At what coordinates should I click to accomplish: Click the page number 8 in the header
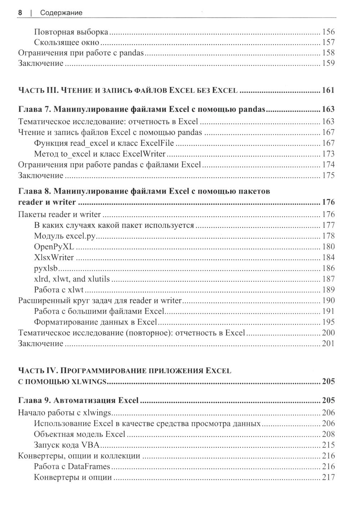(20, 13)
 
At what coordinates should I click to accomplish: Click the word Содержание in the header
(61, 13)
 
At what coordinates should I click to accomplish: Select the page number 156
(328, 32)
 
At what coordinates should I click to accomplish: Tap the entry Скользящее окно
(67, 42)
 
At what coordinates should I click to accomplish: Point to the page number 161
(328, 90)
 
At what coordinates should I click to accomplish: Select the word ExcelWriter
(144, 154)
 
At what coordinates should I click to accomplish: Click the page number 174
(328, 165)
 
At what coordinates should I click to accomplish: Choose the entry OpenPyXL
(54, 247)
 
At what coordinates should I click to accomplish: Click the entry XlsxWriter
(54, 258)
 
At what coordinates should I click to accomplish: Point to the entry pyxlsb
(46, 268)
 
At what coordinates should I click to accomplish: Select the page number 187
(328, 279)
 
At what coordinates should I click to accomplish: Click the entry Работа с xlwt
(59, 290)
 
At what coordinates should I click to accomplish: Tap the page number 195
(328, 322)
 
